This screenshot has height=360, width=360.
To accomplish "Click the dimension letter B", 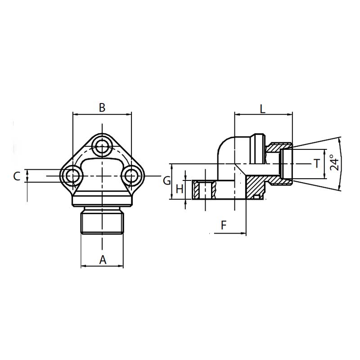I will click(102, 108).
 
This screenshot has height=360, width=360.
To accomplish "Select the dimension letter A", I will click(103, 259).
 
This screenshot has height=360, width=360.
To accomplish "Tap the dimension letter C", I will click(17, 176).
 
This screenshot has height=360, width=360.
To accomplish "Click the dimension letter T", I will click(317, 163).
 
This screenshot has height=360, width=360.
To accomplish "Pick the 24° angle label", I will click(333, 163).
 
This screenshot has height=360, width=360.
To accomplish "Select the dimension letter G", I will click(166, 181).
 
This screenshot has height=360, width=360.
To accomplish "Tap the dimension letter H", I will click(179, 189).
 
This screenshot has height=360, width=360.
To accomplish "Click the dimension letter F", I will click(224, 225).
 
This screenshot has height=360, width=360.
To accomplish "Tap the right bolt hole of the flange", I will click(131, 175).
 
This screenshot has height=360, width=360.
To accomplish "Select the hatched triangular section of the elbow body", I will click(255, 184).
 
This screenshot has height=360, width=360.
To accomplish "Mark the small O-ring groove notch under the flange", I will click(257, 197).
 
